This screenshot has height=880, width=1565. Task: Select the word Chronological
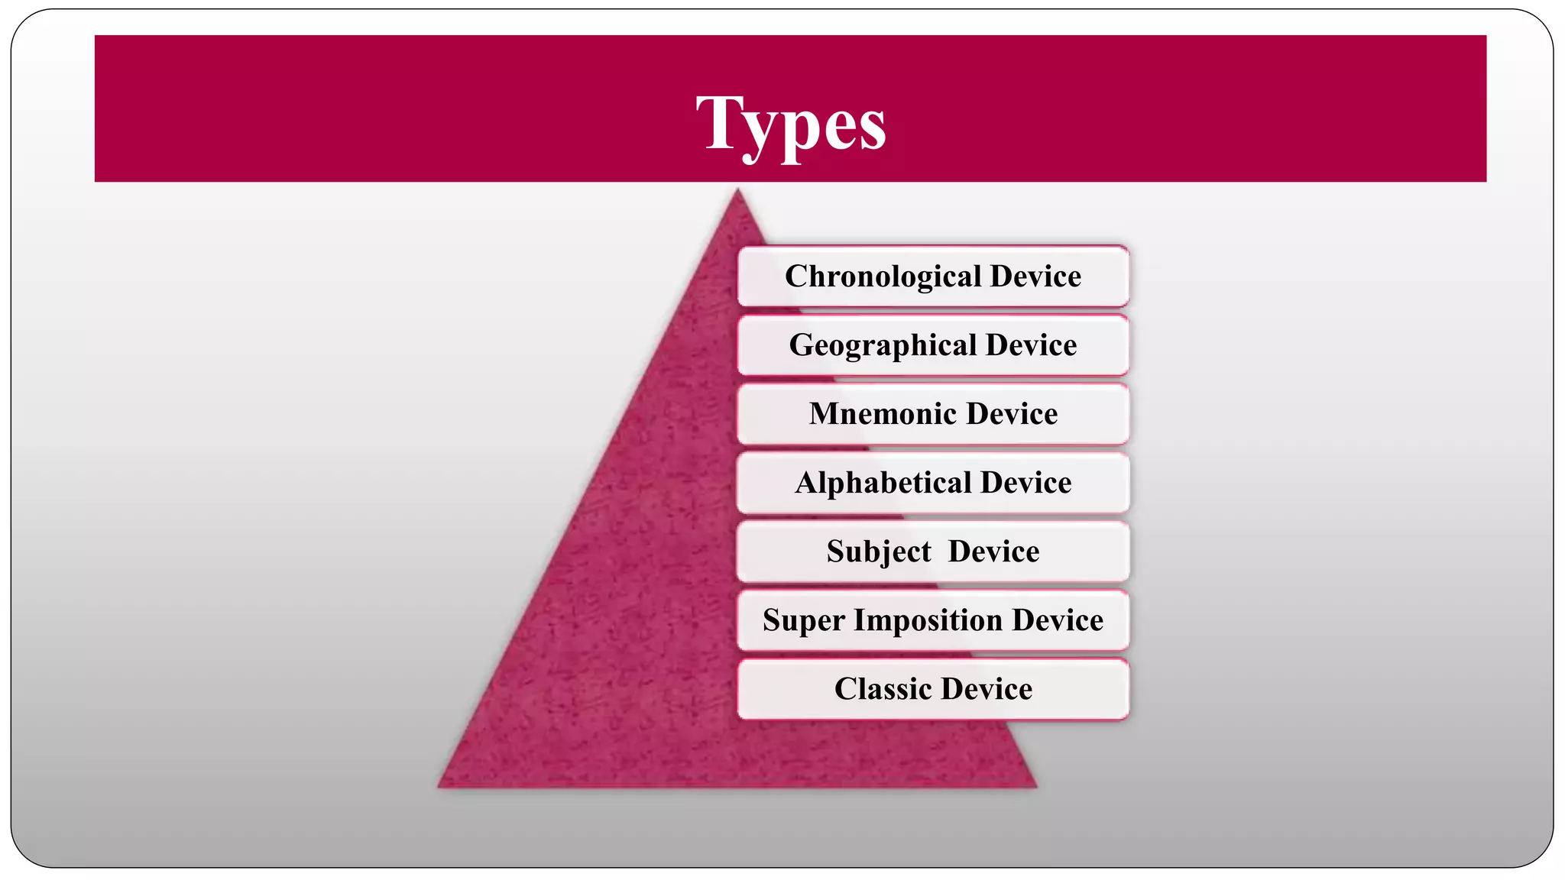883,277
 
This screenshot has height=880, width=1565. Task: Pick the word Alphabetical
883,483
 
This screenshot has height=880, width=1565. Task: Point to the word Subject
879,552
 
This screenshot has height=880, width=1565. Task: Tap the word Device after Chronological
1035,277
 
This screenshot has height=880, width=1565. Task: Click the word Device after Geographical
1031,345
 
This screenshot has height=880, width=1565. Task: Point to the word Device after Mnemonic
1012,414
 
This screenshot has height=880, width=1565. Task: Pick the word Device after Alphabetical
1026,483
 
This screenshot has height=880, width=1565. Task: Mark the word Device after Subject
993,552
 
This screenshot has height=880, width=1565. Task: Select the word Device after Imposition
1058,620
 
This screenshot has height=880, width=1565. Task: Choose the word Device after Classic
987,689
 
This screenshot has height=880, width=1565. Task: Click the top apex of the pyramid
737,191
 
